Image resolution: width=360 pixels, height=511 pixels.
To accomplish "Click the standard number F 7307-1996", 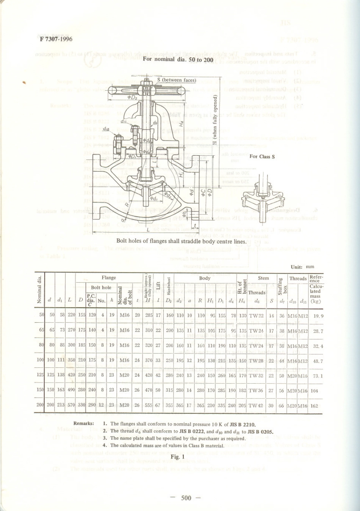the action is point(55,39).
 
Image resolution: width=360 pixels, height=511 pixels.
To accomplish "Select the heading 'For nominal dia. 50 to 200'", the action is point(178,59).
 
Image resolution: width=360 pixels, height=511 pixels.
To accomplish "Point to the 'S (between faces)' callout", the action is point(176,80).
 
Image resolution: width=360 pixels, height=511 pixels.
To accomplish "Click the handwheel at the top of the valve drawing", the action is point(146,91).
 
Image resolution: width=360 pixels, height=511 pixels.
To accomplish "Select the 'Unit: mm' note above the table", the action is point(302,267).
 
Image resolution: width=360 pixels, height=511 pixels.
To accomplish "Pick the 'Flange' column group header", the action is point(109,278).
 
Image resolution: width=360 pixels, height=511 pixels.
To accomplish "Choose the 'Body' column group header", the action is point(205,278).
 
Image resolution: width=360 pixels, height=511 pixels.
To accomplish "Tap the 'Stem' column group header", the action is point(263,278).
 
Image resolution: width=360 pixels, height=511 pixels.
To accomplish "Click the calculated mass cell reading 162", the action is point(314,406).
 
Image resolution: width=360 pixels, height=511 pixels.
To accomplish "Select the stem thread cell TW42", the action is point(256,406).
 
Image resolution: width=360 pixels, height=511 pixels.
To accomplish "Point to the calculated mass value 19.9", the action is point(318,316).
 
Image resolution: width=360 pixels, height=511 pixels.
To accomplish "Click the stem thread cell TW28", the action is point(256,361).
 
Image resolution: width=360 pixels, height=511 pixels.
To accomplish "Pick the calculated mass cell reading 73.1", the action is point(318,376).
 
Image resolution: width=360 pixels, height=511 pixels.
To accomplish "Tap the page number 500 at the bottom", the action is point(186,498).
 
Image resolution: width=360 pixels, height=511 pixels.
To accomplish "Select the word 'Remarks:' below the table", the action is point(83,423).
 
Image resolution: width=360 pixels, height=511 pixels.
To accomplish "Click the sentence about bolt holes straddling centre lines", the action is point(181,241).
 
